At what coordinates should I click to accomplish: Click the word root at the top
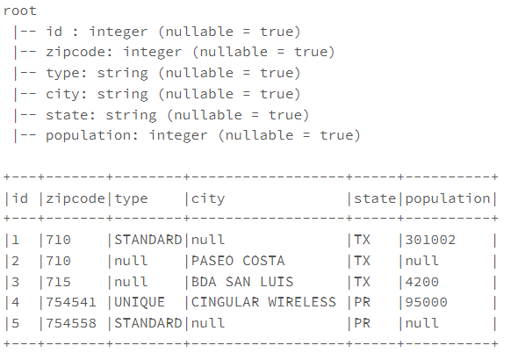click(20, 11)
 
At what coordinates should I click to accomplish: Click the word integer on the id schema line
click(119, 32)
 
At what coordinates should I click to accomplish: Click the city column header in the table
click(208, 199)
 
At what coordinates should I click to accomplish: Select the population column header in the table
click(448, 199)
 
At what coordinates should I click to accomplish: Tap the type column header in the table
click(131, 199)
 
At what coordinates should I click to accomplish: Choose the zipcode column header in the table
click(76, 199)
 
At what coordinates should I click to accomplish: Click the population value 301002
click(430, 240)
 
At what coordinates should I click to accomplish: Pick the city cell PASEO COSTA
click(238, 261)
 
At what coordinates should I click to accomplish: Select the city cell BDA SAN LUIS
click(242, 282)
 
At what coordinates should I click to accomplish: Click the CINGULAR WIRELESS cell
click(263, 302)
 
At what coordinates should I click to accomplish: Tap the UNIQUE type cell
click(140, 303)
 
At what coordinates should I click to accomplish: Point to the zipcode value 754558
click(71, 323)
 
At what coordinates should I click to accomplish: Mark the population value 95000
click(426, 302)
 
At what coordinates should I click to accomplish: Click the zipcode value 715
click(59, 282)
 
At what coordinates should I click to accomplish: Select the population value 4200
click(422, 282)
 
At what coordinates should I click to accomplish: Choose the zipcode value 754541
click(71, 302)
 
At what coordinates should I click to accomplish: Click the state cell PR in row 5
click(362, 323)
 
